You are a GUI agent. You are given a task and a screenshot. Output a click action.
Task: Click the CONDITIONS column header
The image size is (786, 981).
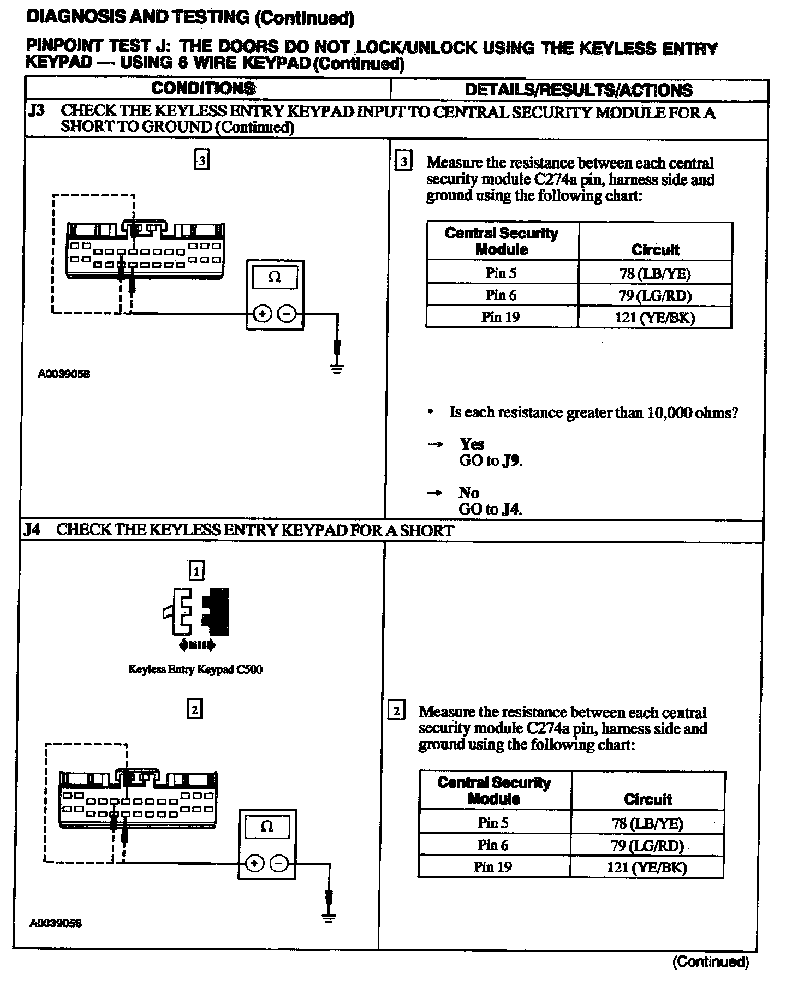pos(203,88)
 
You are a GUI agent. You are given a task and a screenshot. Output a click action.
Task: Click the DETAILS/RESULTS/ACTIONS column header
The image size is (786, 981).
pos(579,90)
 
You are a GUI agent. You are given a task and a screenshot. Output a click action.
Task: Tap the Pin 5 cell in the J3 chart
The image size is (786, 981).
pos(501,273)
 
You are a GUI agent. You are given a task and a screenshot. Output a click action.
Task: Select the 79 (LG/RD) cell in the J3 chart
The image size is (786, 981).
pos(655,295)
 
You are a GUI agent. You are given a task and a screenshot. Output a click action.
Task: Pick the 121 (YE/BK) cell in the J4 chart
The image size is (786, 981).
pos(647,867)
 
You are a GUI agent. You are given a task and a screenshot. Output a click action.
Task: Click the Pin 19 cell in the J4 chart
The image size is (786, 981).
pos(493,866)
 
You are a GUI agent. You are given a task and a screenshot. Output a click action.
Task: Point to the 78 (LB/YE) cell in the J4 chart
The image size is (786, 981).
pos(647,823)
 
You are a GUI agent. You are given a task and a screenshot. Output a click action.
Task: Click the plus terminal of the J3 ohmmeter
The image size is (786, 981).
pos(263,314)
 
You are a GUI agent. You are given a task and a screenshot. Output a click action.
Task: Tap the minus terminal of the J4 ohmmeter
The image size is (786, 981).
pos(279,864)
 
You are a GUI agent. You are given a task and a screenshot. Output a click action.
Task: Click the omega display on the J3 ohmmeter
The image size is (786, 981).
pos(275,277)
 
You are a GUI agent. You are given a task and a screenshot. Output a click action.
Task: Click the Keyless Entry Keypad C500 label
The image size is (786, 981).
pos(195,669)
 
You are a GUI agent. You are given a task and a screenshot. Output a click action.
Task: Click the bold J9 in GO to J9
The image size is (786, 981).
pos(513,461)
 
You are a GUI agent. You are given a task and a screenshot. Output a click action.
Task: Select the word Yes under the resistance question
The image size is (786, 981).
pos(472,444)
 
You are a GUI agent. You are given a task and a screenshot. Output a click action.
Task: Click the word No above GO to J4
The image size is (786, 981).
pos(468,493)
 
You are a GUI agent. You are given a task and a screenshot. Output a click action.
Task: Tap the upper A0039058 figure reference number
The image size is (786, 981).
pos(64,374)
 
